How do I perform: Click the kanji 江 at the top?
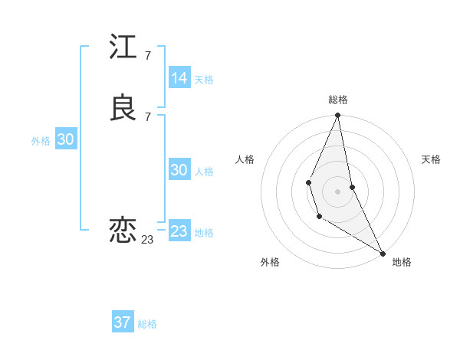click(x=123, y=47)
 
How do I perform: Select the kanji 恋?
click(x=123, y=230)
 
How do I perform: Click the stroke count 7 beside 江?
click(x=147, y=56)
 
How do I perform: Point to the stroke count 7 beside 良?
click(x=147, y=116)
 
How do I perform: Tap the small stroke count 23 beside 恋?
click(x=147, y=239)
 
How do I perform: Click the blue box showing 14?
click(x=179, y=78)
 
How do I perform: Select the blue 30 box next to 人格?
click(x=179, y=170)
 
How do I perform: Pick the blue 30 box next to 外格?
click(x=66, y=139)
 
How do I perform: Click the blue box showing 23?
click(x=179, y=231)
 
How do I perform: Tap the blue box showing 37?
click(x=123, y=322)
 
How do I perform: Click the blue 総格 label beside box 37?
click(x=147, y=324)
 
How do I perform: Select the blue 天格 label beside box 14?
click(x=204, y=80)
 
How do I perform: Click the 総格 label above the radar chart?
click(x=338, y=100)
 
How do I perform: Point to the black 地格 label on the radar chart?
click(x=402, y=262)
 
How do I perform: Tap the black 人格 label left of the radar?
click(x=245, y=159)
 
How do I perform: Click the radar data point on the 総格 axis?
click(x=338, y=116)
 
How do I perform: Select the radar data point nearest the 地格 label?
click(x=382, y=252)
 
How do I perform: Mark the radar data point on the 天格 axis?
click(x=352, y=187)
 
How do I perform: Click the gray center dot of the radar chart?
click(x=338, y=191)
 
